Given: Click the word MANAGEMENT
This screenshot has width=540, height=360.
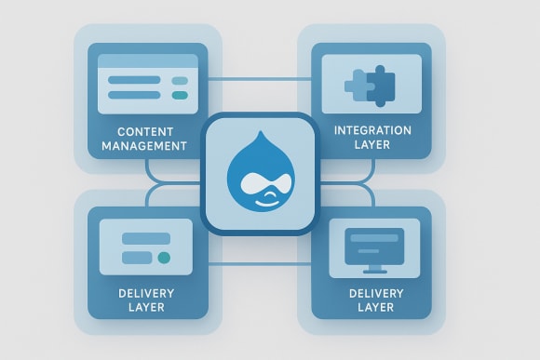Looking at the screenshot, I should coord(145,145).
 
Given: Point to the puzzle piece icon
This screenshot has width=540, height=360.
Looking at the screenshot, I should coord(371,86).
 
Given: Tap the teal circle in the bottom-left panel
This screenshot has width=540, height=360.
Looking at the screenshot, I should coord(165,257).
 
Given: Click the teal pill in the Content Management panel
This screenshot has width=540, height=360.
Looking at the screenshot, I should coord(180,94).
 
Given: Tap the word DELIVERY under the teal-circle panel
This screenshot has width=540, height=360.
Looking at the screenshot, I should coord(146,292).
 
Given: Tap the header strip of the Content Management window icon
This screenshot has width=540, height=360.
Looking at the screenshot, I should coord(149,62).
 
